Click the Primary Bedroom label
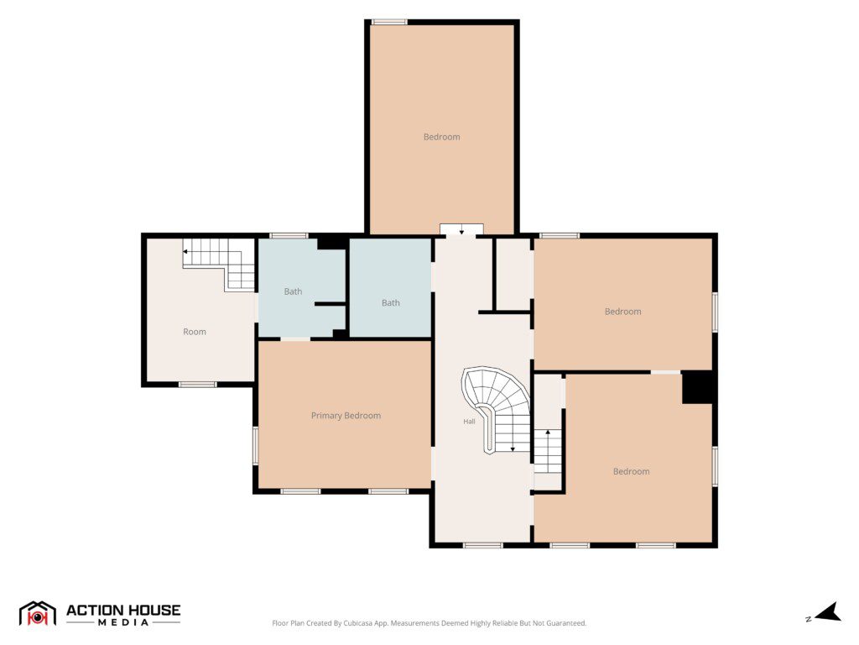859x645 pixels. click(346, 416)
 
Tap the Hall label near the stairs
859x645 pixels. click(469, 422)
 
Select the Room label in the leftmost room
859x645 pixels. click(195, 332)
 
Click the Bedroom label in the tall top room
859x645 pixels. click(441, 137)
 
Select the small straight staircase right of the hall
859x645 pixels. click(548, 451)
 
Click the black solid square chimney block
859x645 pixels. click(697, 388)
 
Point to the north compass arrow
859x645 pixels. click(829, 612)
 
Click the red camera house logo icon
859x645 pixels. click(37, 614)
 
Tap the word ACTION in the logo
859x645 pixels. click(92, 611)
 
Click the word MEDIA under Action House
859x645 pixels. click(123, 622)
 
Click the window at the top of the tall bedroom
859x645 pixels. click(389, 22)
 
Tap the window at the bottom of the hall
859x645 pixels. click(482, 545)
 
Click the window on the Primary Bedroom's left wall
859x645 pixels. click(255, 446)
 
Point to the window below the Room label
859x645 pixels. click(198, 385)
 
